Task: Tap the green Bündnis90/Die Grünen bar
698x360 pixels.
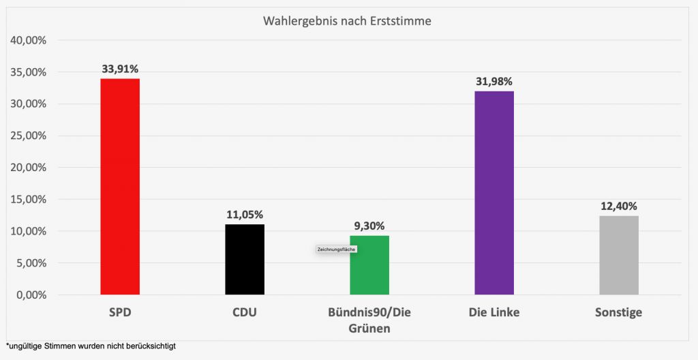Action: click(369, 265)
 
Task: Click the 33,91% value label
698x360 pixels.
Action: click(120, 69)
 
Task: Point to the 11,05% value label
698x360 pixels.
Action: click(245, 215)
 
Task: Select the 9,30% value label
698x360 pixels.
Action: click(369, 226)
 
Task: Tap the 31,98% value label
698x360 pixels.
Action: click(494, 82)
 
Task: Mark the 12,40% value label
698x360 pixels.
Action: click(619, 206)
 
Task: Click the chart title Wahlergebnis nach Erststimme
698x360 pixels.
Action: click(347, 21)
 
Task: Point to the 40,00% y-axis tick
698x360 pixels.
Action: click(29, 40)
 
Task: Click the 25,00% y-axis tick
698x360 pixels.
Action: click(29, 136)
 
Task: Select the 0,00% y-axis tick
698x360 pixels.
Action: click(31, 295)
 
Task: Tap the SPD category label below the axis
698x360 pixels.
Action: click(120, 313)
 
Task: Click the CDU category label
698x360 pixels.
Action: click(245, 313)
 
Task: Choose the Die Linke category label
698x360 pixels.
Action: click(494, 313)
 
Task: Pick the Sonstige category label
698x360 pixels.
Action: click(619, 313)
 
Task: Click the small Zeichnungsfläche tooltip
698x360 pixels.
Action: click(337, 250)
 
